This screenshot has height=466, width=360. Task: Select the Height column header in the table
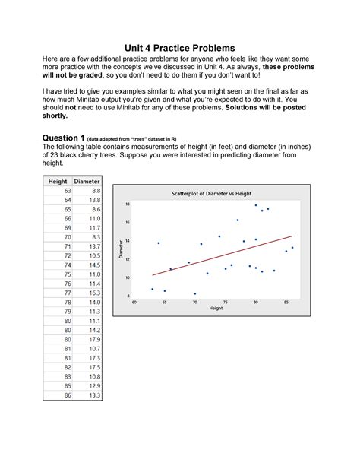tap(58, 181)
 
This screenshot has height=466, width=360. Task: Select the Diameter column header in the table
tap(87, 181)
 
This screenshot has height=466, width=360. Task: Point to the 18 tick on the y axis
tap(128, 204)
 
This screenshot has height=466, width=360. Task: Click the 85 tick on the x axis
tap(286, 302)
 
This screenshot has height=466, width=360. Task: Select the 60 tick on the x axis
tap(134, 302)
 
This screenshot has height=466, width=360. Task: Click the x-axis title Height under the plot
tap(216, 309)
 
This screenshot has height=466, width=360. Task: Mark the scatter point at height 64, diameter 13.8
tap(158, 243)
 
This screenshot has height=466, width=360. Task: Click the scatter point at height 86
tap(292, 248)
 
